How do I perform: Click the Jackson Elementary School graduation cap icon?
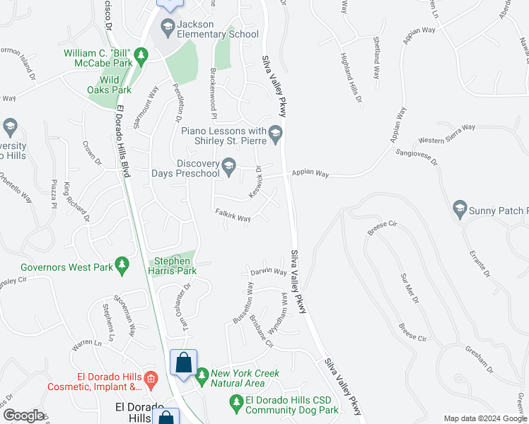click(168, 29)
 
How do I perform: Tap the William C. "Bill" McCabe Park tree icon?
click(141, 54)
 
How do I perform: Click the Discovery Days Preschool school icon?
click(228, 167)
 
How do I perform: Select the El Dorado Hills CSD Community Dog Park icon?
click(237, 402)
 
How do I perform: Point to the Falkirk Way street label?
click(233, 216)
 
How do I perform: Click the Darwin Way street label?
click(268, 272)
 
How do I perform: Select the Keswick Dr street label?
click(255, 182)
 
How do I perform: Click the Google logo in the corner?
click(23, 416)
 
